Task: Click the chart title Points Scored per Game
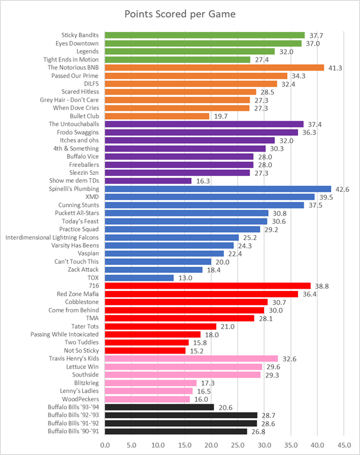(x=180, y=14)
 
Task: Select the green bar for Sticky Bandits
(x=205, y=35)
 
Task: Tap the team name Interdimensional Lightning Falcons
(x=52, y=237)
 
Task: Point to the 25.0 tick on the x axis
(x=237, y=445)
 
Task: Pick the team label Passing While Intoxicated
(x=65, y=334)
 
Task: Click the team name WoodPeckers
(x=79, y=399)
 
